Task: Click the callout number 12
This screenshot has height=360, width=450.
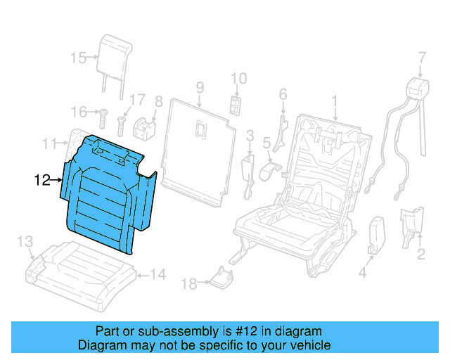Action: (x=41, y=181)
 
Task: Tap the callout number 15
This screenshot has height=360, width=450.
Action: (x=79, y=58)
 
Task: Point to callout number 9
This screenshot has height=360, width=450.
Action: (x=200, y=87)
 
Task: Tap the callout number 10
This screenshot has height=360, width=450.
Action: (x=238, y=78)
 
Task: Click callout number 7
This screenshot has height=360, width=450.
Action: (x=422, y=56)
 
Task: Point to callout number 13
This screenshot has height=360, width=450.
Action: (x=25, y=242)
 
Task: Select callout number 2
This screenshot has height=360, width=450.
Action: (x=420, y=254)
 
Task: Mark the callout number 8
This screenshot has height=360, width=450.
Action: (x=158, y=101)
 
